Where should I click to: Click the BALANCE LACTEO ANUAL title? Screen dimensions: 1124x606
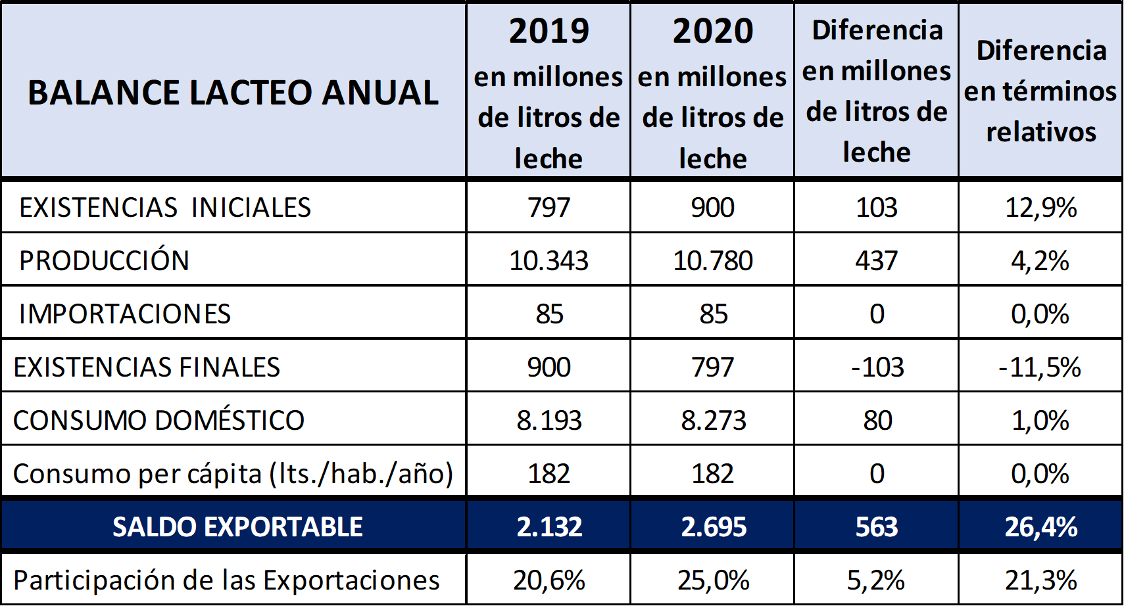[233, 93]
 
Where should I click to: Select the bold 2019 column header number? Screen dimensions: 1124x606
[549, 31]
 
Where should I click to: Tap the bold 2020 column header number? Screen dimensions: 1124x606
[713, 31]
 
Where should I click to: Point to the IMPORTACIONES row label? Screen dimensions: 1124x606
[124, 314]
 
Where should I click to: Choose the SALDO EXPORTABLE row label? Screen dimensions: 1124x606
[237, 526]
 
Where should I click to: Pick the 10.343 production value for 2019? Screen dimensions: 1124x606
[549, 261]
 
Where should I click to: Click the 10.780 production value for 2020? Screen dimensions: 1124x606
[713, 261]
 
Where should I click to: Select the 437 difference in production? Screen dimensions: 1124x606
[877, 261]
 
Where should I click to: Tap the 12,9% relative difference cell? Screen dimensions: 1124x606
[1041, 208]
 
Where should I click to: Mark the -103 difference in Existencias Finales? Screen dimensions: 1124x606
[877, 367]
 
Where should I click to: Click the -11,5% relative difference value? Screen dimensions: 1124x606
[1040, 367]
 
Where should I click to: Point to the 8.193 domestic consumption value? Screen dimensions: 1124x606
[549, 421]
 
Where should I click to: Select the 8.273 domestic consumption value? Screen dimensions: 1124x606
[713, 421]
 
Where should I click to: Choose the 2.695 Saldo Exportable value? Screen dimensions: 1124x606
[714, 526]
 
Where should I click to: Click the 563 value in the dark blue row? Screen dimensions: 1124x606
[877, 526]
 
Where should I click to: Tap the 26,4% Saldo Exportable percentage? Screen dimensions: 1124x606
[1041, 526]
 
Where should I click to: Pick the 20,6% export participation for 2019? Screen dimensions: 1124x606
[549, 580]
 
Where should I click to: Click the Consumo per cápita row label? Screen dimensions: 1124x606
[233, 474]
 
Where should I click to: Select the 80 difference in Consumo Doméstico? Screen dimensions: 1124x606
[877, 421]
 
